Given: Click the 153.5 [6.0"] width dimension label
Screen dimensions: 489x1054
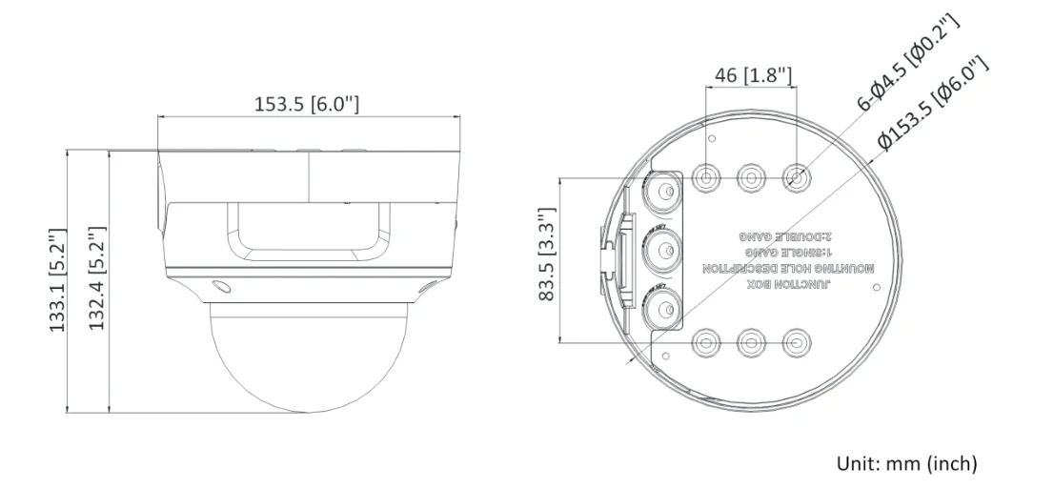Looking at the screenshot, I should (x=306, y=103).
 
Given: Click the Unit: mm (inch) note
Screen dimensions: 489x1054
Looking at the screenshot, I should (x=906, y=464).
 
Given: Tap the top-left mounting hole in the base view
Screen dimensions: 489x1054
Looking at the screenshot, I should (x=707, y=176).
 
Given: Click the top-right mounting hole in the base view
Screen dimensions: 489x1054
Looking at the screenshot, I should (x=796, y=176).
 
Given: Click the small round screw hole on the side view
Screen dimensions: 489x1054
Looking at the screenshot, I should (x=219, y=285).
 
